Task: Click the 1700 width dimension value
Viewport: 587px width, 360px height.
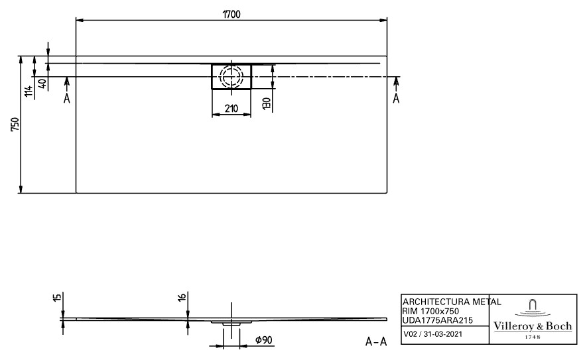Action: tap(231, 14)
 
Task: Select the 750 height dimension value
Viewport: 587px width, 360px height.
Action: tap(15, 124)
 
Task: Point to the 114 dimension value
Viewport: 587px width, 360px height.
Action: tap(29, 91)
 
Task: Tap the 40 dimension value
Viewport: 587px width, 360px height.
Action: tap(43, 84)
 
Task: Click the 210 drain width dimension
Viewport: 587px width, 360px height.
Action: tap(231, 108)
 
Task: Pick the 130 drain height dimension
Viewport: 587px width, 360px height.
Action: tap(266, 103)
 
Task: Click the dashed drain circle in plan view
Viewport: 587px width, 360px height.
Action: tap(231, 76)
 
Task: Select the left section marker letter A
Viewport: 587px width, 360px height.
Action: tap(66, 98)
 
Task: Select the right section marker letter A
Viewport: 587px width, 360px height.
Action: tap(396, 98)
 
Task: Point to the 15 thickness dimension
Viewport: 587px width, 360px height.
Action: tap(57, 298)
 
